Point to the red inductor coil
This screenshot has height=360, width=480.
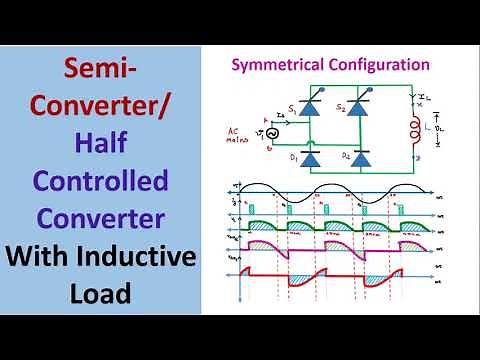pos(411,131)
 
